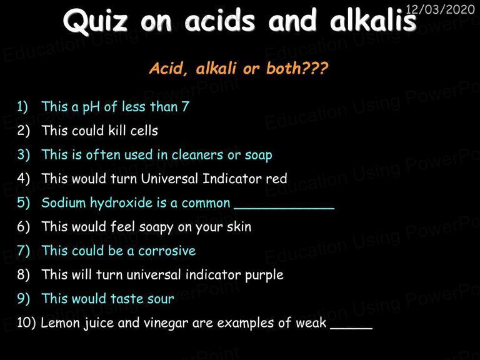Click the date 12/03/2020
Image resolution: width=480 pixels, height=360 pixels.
point(440,9)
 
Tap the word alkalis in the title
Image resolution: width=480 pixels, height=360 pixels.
point(373,19)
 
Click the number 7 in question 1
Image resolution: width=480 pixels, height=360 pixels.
point(185,106)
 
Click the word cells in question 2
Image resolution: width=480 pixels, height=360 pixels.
point(144,131)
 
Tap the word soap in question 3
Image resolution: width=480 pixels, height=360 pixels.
point(258,156)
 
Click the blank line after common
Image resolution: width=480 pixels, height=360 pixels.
point(284,209)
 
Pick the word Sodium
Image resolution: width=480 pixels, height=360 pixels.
point(63,202)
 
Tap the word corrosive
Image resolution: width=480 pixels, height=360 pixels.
point(167,251)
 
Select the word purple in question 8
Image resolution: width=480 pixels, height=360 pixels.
point(264,275)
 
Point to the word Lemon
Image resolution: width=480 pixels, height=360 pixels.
point(60,322)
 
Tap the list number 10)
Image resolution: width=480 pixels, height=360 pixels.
point(26,323)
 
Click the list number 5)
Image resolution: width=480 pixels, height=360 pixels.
point(24,203)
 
